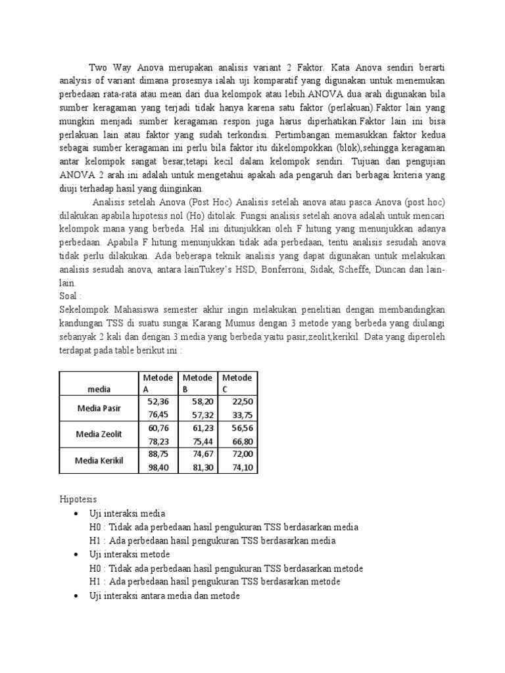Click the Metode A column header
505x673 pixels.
tap(158, 383)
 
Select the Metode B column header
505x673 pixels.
tap(197, 383)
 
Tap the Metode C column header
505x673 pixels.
tap(237, 383)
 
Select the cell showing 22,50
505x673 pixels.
tap(241, 401)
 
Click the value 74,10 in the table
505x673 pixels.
tap(241, 467)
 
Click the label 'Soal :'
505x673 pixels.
tap(71, 296)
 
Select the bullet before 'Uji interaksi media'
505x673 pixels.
tap(78, 513)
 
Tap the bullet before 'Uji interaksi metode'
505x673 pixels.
tap(78, 555)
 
